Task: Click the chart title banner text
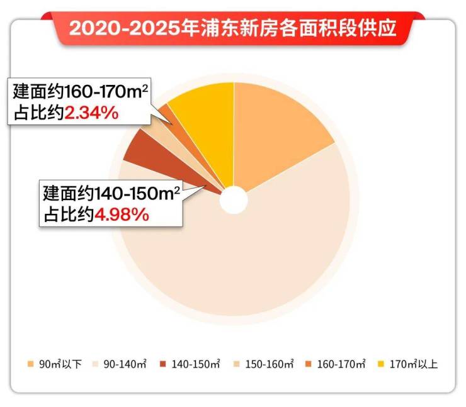tap(232, 29)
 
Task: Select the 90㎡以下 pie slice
tap(277, 132)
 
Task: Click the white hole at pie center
tap(234, 199)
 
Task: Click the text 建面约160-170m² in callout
tap(81, 92)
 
